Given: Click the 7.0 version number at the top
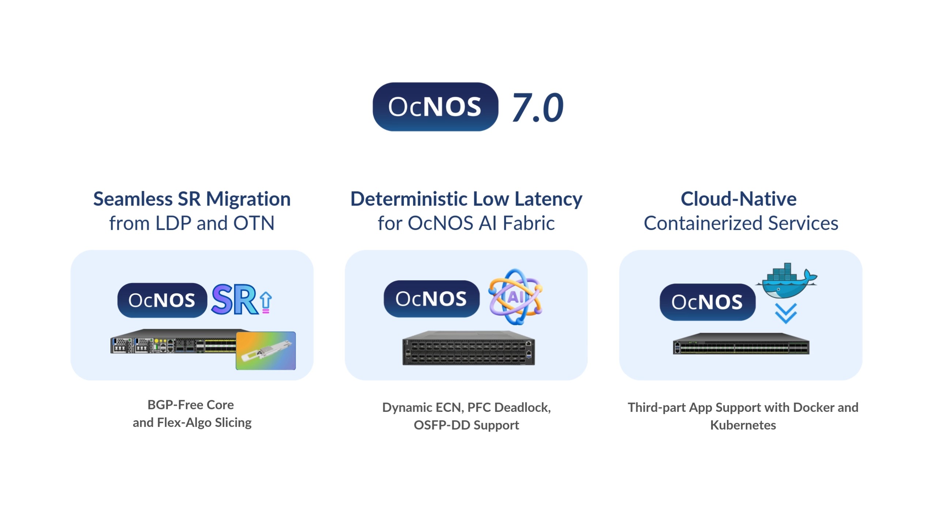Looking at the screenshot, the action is pyautogui.click(x=537, y=107).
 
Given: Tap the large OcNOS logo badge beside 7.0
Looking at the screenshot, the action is pyautogui.click(x=435, y=107).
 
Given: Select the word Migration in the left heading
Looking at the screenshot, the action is pyautogui.click(x=248, y=200).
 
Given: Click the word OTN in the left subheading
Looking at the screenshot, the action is pyautogui.click(x=254, y=223).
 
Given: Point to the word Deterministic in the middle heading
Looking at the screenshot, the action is pyautogui.click(x=409, y=199).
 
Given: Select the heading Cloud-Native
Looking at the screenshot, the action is pyautogui.click(x=739, y=199).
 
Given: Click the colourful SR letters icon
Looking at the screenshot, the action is pyautogui.click(x=235, y=300).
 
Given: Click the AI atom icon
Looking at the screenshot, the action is pyautogui.click(x=515, y=297).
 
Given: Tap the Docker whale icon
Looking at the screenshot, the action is pyautogui.click(x=787, y=281).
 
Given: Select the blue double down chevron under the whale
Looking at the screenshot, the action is pyautogui.click(x=786, y=313).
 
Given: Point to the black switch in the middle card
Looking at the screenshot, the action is pyautogui.click(x=469, y=348).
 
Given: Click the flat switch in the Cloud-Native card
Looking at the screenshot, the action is pyautogui.click(x=741, y=344).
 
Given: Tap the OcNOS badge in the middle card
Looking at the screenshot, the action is pyautogui.click(x=431, y=299).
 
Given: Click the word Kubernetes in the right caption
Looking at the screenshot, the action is pyautogui.click(x=743, y=425).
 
